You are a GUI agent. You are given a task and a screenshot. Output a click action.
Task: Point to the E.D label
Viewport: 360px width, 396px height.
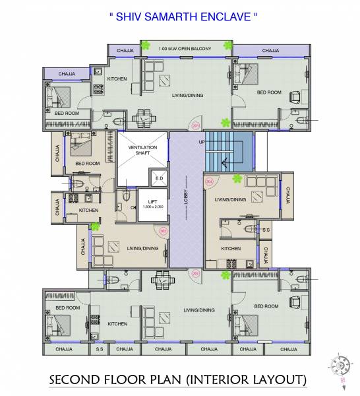(158, 179)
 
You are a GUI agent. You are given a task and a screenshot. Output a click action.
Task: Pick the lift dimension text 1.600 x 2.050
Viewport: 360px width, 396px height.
(152, 208)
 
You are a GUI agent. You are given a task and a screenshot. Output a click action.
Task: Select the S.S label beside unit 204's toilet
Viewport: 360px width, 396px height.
(266, 230)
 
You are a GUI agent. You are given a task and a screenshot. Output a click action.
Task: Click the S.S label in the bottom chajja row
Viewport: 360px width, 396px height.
(100, 349)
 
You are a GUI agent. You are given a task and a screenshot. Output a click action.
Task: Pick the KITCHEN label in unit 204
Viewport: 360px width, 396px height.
(230, 249)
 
